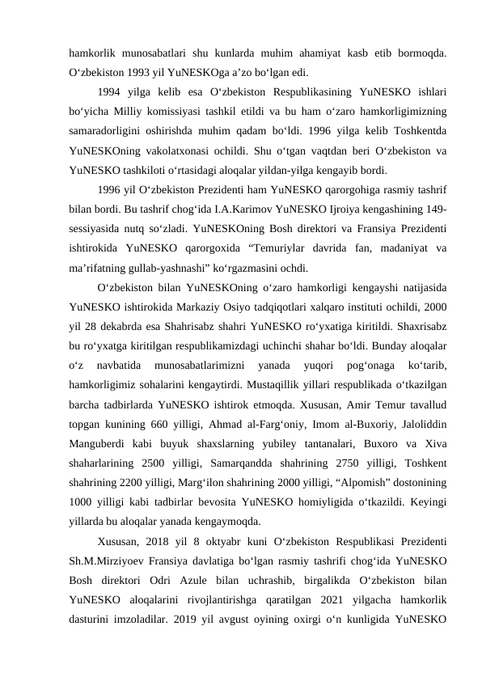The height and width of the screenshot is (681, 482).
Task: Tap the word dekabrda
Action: [x=111, y=330]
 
